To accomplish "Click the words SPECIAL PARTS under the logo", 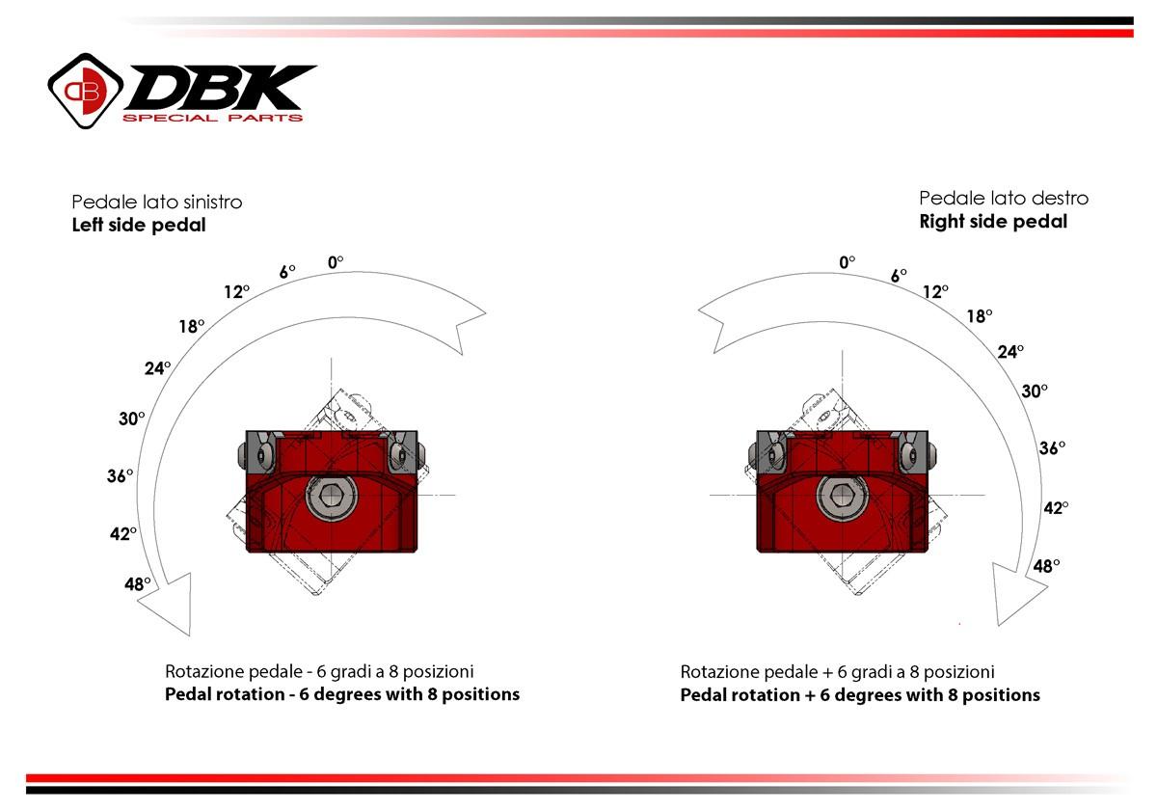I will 212,119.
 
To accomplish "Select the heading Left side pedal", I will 139,226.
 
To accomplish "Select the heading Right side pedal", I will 993,222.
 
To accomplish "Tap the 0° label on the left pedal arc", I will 336,261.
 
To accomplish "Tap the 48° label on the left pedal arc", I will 139,583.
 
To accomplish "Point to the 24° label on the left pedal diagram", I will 158,367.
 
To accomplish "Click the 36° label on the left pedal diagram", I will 120,476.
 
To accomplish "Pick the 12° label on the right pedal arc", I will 935,291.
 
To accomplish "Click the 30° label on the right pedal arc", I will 1035,391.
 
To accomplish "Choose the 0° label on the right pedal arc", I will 848,261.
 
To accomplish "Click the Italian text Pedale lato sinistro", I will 156,202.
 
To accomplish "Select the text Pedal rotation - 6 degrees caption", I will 342,694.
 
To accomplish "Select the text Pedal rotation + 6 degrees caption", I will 860,695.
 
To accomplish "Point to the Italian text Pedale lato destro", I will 1004,198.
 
